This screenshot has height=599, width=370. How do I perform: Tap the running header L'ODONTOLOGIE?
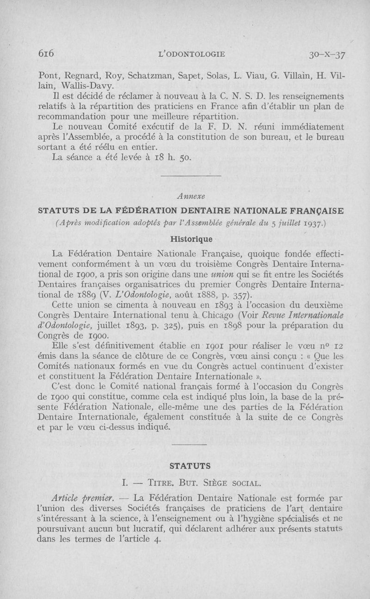point(191,54)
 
